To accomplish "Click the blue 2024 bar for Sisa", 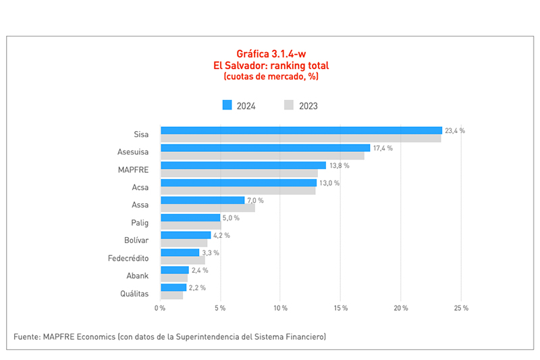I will click(x=301, y=130).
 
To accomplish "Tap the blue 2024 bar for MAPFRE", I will click(x=243, y=165).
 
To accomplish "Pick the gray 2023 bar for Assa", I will click(x=207, y=208).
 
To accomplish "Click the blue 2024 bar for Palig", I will click(x=190, y=217).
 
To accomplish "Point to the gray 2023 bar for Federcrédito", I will click(x=182, y=260).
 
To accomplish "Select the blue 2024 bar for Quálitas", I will click(x=173, y=287).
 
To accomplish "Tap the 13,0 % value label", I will click(x=329, y=183).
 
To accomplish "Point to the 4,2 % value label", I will click(x=221, y=235).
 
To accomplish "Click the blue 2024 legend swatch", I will click(x=227, y=105).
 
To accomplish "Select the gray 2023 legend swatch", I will click(x=289, y=105).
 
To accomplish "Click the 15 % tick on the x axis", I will click(x=340, y=308).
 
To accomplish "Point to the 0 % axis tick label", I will click(x=160, y=308).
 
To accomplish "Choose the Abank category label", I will click(x=138, y=275).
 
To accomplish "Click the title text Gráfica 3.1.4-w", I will click(x=270, y=53).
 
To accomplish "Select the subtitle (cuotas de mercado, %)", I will click(x=270, y=77).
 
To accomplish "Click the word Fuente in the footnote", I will click(x=28, y=336).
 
